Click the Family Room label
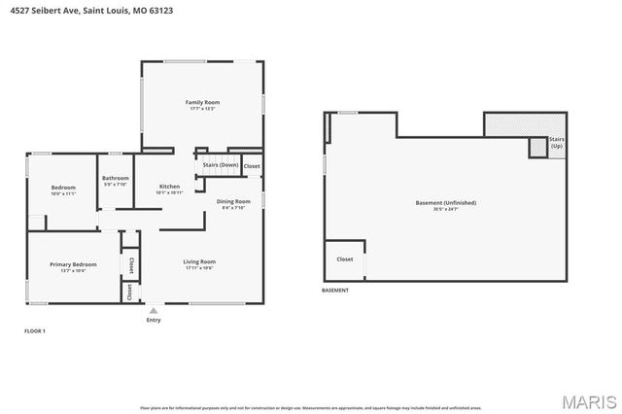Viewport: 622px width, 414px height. point(203,102)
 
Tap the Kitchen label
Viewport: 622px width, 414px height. point(169,186)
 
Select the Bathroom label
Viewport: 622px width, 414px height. point(116,178)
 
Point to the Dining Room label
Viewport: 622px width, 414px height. point(233,201)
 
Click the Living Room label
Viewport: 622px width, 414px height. point(199,261)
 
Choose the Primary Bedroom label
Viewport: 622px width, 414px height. point(74,264)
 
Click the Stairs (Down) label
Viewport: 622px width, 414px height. point(221,165)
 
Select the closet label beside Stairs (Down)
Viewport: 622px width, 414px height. point(252,166)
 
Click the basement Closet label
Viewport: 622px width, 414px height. point(345,259)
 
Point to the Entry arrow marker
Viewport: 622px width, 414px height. point(154,311)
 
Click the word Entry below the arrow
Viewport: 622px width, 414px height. point(154,320)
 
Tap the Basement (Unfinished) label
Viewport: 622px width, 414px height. point(445,202)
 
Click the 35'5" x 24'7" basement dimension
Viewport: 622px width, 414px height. point(445,209)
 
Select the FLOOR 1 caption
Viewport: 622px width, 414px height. point(35,331)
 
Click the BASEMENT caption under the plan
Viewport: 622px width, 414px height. point(335,290)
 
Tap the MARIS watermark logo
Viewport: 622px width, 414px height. point(587,399)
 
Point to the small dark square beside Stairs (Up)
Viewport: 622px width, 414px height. point(537,147)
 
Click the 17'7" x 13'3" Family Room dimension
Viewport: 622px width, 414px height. point(203,109)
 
